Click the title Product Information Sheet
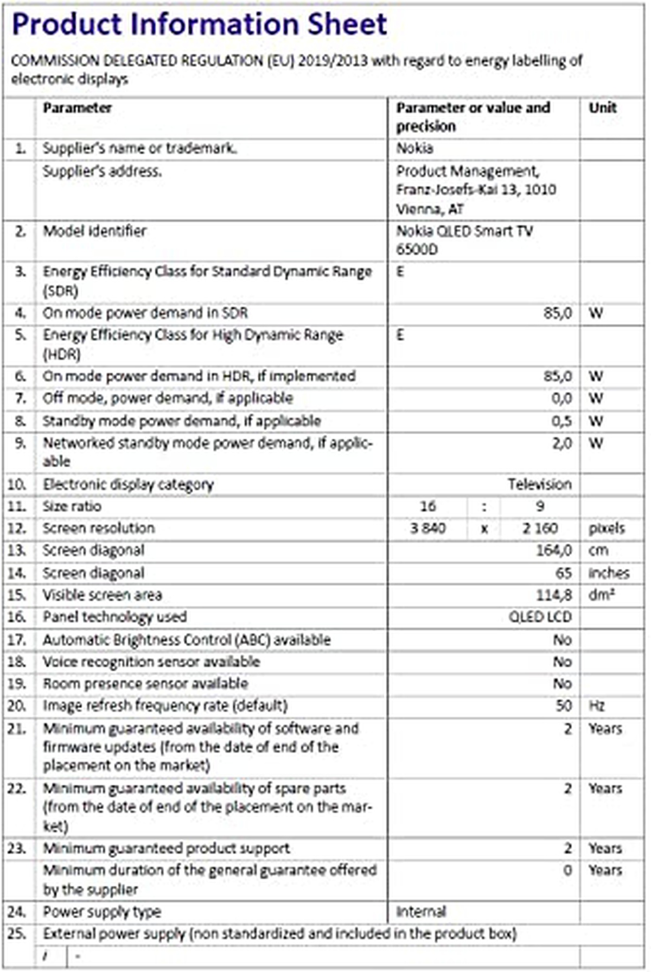[199, 24]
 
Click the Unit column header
[603, 107]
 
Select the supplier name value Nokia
[414, 148]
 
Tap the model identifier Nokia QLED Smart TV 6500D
[464, 240]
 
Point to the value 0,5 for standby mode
[561, 421]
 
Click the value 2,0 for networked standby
[561, 443]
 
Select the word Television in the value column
[539, 484]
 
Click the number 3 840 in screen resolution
[428, 528]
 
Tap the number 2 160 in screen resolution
[540, 528]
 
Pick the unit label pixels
[607, 528]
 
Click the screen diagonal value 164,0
[554, 550]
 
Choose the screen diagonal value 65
[564, 573]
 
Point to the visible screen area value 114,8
[554, 595]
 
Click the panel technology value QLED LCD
[540, 617]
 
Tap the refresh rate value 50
[564, 706]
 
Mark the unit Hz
[597, 706]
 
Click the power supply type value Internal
[421, 912]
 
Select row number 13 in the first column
[17, 550]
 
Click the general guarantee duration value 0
[567, 871]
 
